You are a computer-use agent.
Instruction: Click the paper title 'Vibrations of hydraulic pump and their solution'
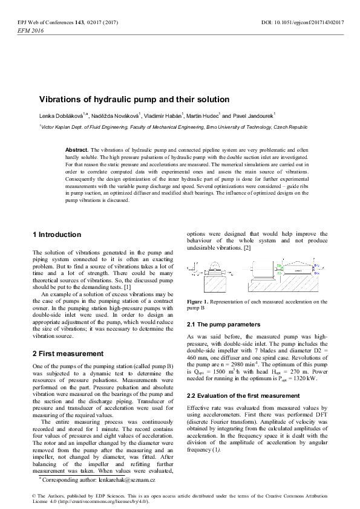tap(134, 99)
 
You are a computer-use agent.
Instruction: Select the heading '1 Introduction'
tap(56, 235)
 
